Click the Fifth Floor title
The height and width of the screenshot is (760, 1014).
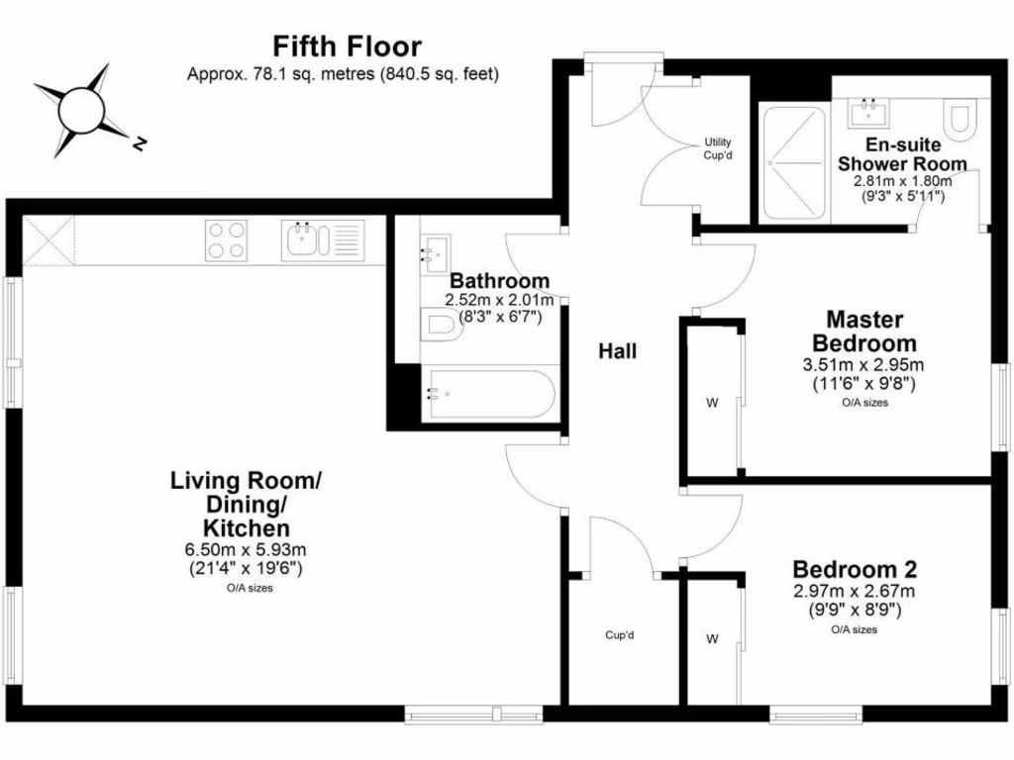[x=347, y=47]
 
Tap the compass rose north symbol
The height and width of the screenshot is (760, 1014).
[x=140, y=144]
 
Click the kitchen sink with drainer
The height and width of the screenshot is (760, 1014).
[x=323, y=240]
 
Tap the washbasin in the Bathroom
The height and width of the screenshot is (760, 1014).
[x=433, y=255]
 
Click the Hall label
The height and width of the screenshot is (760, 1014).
[x=617, y=351]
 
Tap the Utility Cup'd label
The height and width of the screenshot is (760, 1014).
[x=718, y=148]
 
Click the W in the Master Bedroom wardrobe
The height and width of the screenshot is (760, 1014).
[x=711, y=403]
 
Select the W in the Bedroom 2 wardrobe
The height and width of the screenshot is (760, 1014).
[x=711, y=639]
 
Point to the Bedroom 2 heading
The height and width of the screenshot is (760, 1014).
[x=854, y=570]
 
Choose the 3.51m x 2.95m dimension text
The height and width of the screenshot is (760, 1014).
[x=864, y=365]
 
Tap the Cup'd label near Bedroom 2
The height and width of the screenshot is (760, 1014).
[x=619, y=634]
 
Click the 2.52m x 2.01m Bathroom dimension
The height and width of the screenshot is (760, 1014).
[x=496, y=299]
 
